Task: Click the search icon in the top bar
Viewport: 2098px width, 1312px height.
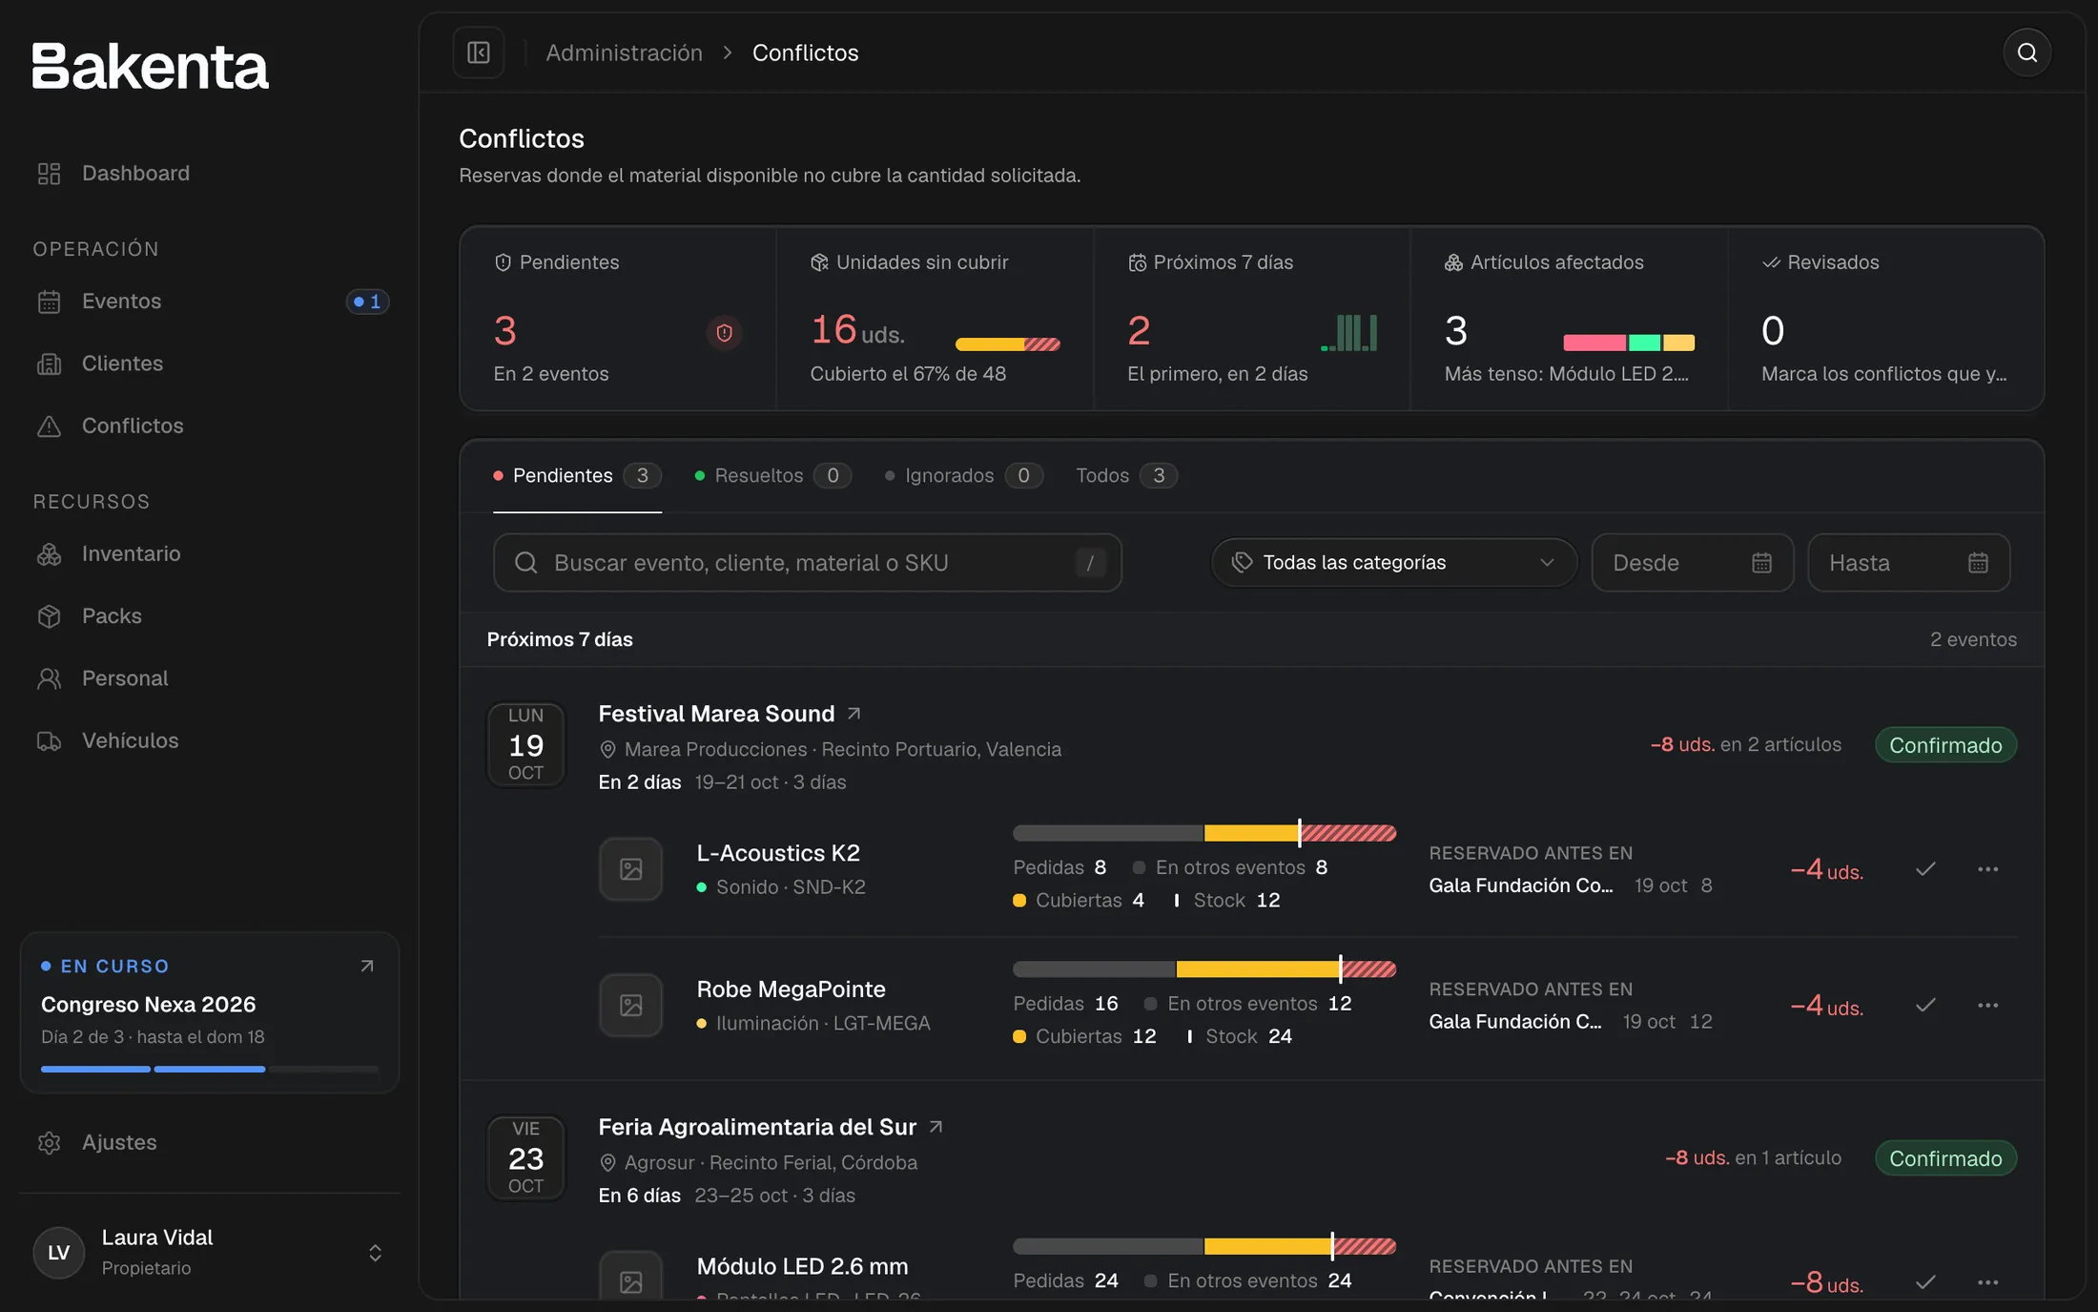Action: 2026,52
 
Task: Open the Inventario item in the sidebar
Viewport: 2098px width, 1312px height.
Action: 131,553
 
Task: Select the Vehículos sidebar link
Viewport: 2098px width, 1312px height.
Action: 130,740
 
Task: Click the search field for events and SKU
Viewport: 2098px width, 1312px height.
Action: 807,563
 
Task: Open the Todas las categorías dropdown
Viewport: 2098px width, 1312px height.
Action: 1393,563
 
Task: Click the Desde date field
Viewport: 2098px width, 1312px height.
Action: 1692,563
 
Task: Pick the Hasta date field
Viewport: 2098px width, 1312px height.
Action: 1908,563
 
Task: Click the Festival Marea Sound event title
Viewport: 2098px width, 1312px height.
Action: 716,714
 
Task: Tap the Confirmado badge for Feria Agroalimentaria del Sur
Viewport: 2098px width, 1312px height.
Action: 1945,1158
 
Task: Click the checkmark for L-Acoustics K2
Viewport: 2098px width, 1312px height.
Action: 1925,869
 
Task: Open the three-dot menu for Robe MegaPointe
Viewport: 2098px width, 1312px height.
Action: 1987,1006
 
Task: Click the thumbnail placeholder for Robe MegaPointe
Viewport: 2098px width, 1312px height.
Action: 630,1005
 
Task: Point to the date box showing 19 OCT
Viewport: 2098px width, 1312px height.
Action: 525,744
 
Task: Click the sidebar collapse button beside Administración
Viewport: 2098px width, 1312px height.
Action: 479,52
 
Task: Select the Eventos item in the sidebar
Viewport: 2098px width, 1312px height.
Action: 121,302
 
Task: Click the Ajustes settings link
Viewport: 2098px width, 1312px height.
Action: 119,1142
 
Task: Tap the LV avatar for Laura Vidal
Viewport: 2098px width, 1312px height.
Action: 59,1253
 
